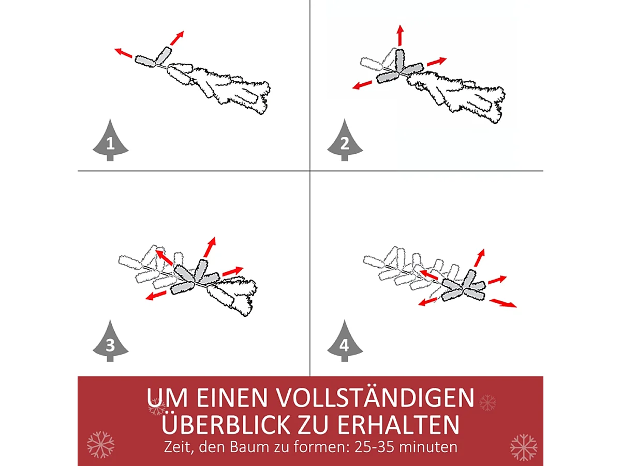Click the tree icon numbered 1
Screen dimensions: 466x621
click(110, 141)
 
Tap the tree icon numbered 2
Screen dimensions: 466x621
click(345, 141)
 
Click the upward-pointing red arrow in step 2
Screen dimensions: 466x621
click(400, 35)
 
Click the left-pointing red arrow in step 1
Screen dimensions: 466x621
click(123, 53)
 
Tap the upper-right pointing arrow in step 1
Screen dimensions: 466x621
click(177, 38)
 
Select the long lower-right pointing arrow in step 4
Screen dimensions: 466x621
click(503, 303)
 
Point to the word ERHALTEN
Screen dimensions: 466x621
click(398, 424)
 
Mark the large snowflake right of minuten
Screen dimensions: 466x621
click(523, 447)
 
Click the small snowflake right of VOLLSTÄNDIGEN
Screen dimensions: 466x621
click(487, 402)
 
